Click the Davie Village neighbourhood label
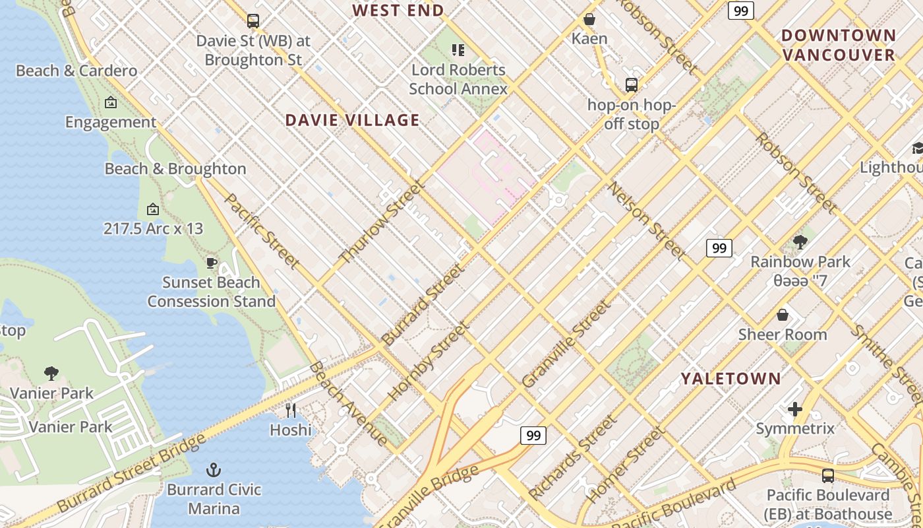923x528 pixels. point(352,120)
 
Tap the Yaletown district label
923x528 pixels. point(730,378)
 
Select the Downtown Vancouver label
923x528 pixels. point(839,45)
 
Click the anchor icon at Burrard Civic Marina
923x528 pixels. point(213,470)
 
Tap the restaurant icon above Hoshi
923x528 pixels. point(291,410)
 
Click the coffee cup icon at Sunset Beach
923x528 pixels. point(211,263)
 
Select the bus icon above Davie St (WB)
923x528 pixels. point(253,20)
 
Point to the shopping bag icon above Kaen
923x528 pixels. point(589,19)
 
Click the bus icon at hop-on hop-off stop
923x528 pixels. point(631,84)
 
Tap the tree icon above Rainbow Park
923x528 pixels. point(800,242)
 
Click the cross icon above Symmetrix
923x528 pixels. point(795,409)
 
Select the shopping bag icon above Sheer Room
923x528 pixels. point(783,315)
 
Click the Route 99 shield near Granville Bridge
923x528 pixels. point(533,436)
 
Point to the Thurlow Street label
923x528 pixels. point(382,222)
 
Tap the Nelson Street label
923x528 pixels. point(647,220)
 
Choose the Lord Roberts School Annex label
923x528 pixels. point(458,79)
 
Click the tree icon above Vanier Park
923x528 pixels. point(51,374)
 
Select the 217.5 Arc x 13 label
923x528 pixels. point(153,229)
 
